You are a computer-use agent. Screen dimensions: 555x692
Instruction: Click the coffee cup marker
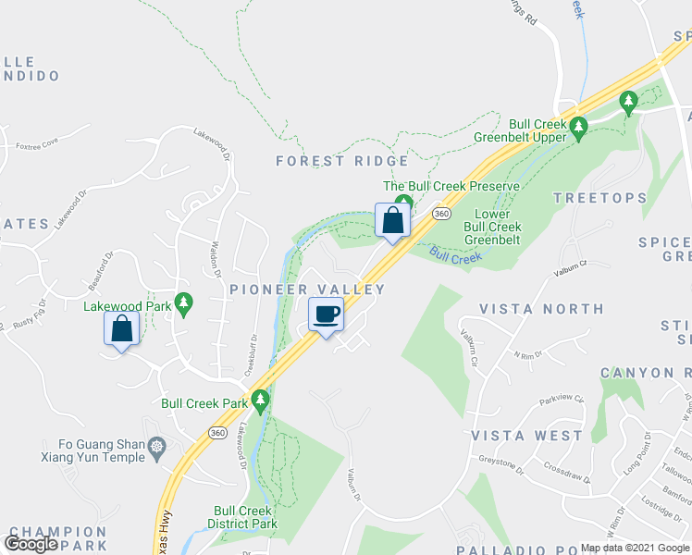pos(326,315)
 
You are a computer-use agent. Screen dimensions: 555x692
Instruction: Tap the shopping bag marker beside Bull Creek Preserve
pos(392,221)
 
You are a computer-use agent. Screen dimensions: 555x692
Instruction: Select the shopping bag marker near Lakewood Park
pos(122,329)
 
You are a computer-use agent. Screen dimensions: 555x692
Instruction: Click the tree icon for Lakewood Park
pos(184,302)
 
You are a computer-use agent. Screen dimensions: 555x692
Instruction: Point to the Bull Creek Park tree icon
pos(261,401)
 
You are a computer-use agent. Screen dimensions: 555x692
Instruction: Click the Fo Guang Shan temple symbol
pos(157,448)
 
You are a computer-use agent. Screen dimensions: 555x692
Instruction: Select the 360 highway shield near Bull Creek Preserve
pos(441,214)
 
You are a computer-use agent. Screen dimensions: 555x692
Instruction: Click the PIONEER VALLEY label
pos(307,290)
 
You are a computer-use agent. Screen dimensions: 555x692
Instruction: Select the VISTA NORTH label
pos(541,309)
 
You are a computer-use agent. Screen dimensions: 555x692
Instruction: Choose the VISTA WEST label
pos(527,435)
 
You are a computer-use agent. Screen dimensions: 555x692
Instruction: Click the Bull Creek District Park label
pos(243,517)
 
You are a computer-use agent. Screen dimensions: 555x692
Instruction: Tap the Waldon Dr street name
pos(215,260)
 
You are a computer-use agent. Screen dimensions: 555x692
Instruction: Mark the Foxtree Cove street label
pos(37,143)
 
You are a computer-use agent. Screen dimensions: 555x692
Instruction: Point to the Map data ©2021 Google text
pos(636,548)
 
